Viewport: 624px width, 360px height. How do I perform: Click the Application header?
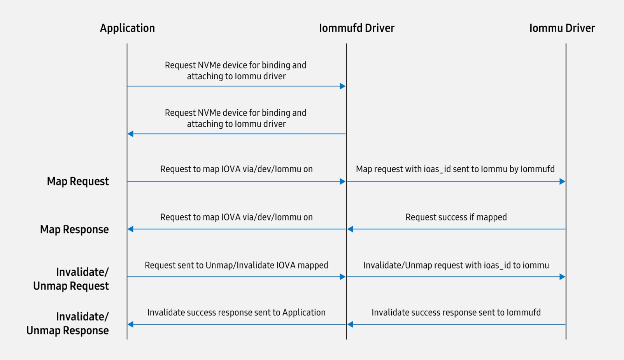click(127, 28)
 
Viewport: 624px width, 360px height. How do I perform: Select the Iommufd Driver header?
click(356, 28)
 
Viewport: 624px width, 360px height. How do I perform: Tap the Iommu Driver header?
click(562, 28)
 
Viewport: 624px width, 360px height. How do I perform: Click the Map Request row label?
click(78, 182)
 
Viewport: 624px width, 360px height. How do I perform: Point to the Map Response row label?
click(74, 229)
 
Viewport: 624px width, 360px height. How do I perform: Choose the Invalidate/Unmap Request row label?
click(71, 279)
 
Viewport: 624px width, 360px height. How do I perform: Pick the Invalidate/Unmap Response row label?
click(67, 323)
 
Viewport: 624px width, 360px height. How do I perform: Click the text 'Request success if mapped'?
click(456, 217)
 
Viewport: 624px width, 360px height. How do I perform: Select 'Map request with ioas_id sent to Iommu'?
click(455, 169)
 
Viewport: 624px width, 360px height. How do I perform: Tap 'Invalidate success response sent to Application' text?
click(236, 313)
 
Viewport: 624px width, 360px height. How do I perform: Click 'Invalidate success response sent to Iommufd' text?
click(456, 313)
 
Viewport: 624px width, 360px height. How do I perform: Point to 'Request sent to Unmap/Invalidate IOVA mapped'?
click(236, 265)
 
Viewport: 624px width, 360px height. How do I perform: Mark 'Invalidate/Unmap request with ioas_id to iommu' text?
click(456, 265)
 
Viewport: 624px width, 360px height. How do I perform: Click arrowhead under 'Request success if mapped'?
click(350, 229)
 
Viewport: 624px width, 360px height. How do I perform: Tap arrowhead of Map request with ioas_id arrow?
click(562, 182)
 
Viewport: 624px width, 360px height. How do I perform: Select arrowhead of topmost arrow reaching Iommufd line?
click(343, 86)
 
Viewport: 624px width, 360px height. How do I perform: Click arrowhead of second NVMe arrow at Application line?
click(131, 134)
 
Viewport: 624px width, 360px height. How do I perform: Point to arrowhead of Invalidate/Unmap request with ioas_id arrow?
click(562, 277)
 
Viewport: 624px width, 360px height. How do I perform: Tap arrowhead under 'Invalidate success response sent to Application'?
click(131, 324)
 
